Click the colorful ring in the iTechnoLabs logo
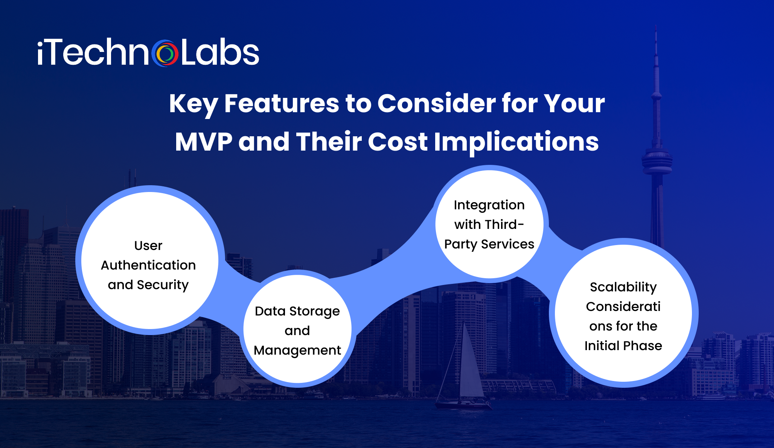coord(165,53)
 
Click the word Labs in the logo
coord(220,53)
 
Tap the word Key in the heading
coord(193,104)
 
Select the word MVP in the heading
coord(204,142)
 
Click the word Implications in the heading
coord(516,142)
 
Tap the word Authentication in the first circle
coord(148,265)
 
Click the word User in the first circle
coord(148,245)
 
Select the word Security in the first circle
coord(163,285)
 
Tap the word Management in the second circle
coord(297,350)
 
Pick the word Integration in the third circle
coord(489,205)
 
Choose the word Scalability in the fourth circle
coord(623,287)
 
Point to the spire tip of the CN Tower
coord(656,28)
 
